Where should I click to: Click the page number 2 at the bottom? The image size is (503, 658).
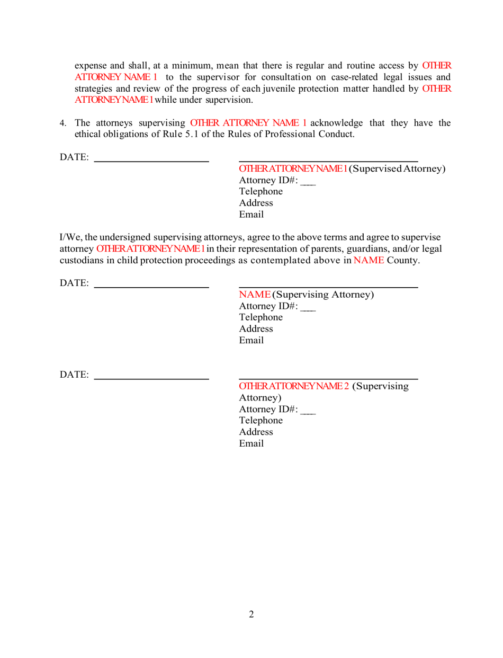pyautogui.click(x=251, y=615)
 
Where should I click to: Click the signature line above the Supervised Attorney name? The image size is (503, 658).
pyautogui.click(x=328, y=161)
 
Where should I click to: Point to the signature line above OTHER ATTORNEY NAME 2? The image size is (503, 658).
pyautogui.click(x=328, y=379)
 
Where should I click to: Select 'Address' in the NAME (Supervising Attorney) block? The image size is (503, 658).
pyautogui.click(x=256, y=328)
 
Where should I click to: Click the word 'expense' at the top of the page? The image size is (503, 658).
pyautogui.click(x=92, y=66)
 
